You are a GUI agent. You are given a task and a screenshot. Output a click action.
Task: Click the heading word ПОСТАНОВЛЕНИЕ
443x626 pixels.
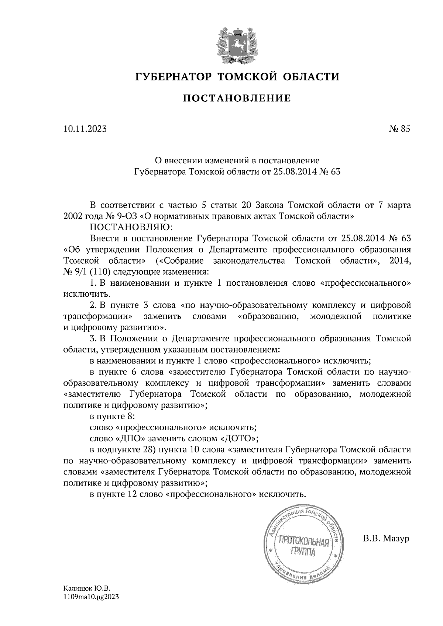[237, 98]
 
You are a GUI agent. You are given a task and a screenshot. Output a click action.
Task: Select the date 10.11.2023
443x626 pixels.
[85, 129]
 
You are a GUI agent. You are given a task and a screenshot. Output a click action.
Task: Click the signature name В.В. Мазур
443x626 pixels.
[386, 539]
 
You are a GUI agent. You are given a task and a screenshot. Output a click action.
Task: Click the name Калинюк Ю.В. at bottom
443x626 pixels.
[87, 589]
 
